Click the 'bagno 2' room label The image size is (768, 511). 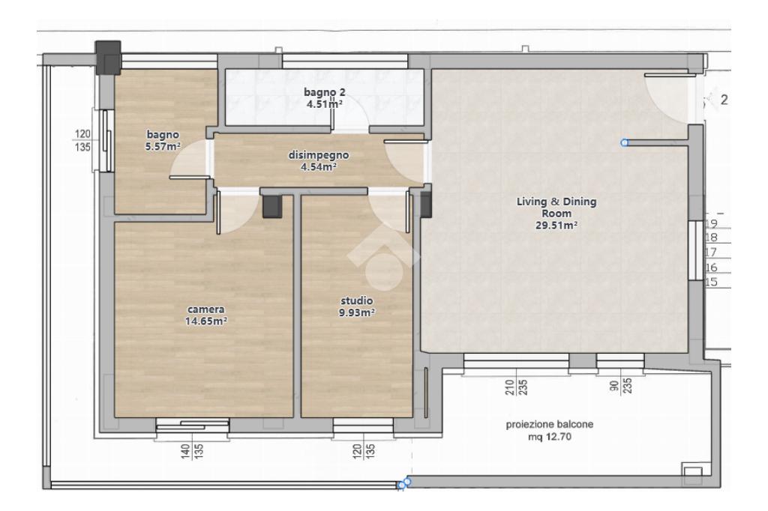[x=324, y=92]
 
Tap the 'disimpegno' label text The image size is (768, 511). [x=318, y=155]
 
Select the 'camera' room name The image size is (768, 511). [x=205, y=309]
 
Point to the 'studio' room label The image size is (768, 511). [x=356, y=300]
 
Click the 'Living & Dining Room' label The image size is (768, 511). [x=556, y=208]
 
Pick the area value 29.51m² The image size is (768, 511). [x=556, y=226]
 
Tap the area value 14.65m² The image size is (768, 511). [x=205, y=321]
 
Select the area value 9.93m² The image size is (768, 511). [x=356, y=312]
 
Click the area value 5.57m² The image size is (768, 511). [x=163, y=146]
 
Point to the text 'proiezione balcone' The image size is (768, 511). [x=550, y=424]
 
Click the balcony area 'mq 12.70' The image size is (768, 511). [x=550, y=437]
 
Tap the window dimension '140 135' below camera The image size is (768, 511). [x=192, y=450]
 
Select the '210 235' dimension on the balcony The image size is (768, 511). [x=516, y=387]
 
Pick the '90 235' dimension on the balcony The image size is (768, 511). [x=620, y=386]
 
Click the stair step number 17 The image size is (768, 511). [x=711, y=252]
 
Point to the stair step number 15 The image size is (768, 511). [x=711, y=282]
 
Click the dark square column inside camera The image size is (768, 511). [x=273, y=206]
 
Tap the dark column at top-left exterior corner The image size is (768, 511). [x=108, y=57]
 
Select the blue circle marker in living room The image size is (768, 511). [x=624, y=143]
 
